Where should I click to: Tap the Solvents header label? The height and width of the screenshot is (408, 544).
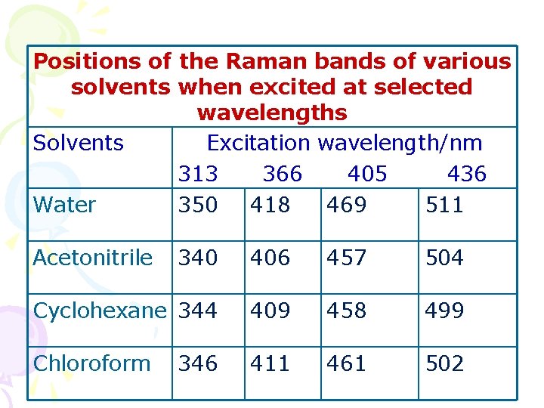coord(79,143)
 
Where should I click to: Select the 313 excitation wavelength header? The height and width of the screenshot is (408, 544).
coord(198,175)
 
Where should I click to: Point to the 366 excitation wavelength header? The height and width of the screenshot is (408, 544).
coord(282,175)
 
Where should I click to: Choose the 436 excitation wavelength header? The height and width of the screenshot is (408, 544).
coord(466,175)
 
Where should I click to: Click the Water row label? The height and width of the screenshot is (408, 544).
coord(64,205)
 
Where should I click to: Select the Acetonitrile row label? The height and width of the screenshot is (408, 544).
coord(93,258)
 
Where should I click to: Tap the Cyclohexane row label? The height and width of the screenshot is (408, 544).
coord(99,311)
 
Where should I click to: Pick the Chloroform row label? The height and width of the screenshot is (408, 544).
coord(91,363)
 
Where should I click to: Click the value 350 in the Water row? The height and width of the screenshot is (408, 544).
coord(197,205)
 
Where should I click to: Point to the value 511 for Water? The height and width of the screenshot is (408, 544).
coord(444,205)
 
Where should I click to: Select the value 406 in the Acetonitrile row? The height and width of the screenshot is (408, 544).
coord(270,258)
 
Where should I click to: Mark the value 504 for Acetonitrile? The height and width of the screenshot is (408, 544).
coord(444,258)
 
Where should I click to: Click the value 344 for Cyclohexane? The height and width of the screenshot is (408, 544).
coord(197,311)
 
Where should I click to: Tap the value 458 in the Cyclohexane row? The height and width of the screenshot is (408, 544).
coord(346,311)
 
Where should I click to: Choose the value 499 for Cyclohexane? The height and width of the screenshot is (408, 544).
coord(444,311)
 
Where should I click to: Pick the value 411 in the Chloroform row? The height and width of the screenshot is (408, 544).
coord(270,363)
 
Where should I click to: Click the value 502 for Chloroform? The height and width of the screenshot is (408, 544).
coord(444,363)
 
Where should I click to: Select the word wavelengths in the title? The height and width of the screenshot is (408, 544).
coord(271,113)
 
